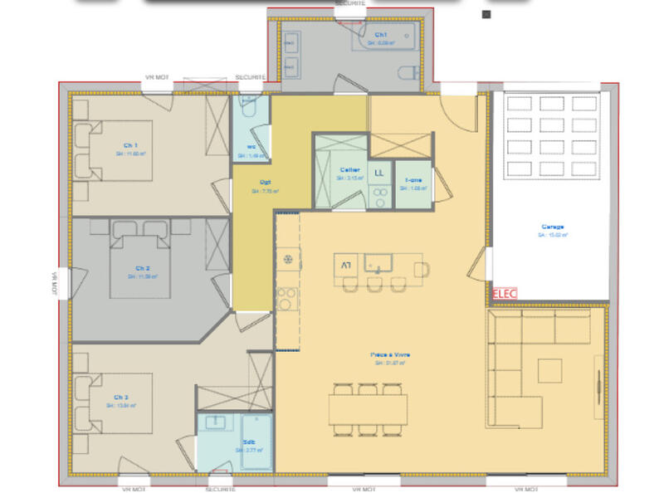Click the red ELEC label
[x=505, y=294]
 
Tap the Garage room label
[x=553, y=227]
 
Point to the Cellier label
[x=349, y=168]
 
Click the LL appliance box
[x=380, y=172]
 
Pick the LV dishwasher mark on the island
[x=345, y=266]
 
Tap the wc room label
[x=250, y=148]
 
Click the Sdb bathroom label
[x=248, y=442]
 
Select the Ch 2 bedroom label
[x=143, y=268]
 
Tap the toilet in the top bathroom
[x=409, y=72]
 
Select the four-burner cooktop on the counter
[x=286, y=296]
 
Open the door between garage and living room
[x=476, y=265]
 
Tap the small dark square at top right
[x=486, y=14]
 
